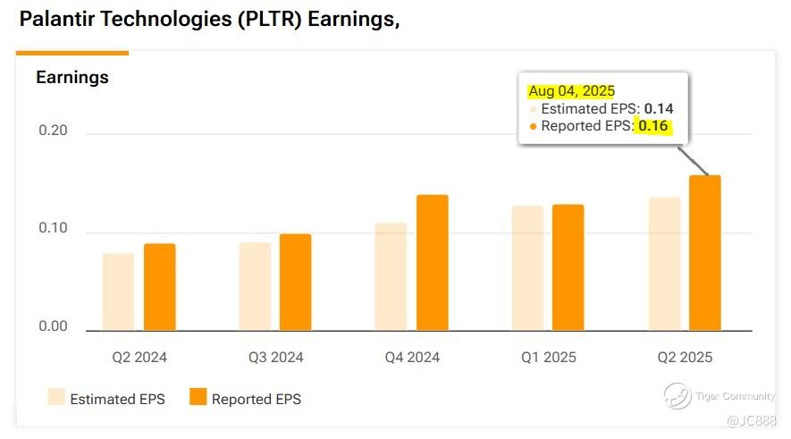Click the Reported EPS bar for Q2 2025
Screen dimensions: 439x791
(x=704, y=253)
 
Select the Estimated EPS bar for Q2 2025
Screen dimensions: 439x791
(x=664, y=264)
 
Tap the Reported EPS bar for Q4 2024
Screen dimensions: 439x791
(x=432, y=263)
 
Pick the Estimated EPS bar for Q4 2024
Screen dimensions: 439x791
(x=391, y=276)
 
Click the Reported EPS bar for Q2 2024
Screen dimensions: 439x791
(x=159, y=287)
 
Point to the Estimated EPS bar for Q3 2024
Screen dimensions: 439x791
(x=255, y=286)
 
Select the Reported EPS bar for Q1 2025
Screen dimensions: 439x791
(x=568, y=267)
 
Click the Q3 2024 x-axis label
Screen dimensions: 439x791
(x=275, y=358)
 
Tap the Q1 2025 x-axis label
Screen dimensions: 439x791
(x=548, y=358)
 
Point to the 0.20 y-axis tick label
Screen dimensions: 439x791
(x=53, y=132)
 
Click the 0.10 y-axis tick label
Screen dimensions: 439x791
(x=53, y=229)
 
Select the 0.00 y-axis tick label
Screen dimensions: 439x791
(x=53, y=326)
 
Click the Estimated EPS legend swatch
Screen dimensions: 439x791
(x=56, y=398)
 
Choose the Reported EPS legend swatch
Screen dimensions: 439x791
(x=198, y=398)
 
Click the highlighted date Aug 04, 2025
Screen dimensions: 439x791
(x=572, y=90)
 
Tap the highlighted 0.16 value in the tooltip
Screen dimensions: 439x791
(x=654, y=126)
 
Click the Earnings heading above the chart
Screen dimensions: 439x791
(x=72, y=78)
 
